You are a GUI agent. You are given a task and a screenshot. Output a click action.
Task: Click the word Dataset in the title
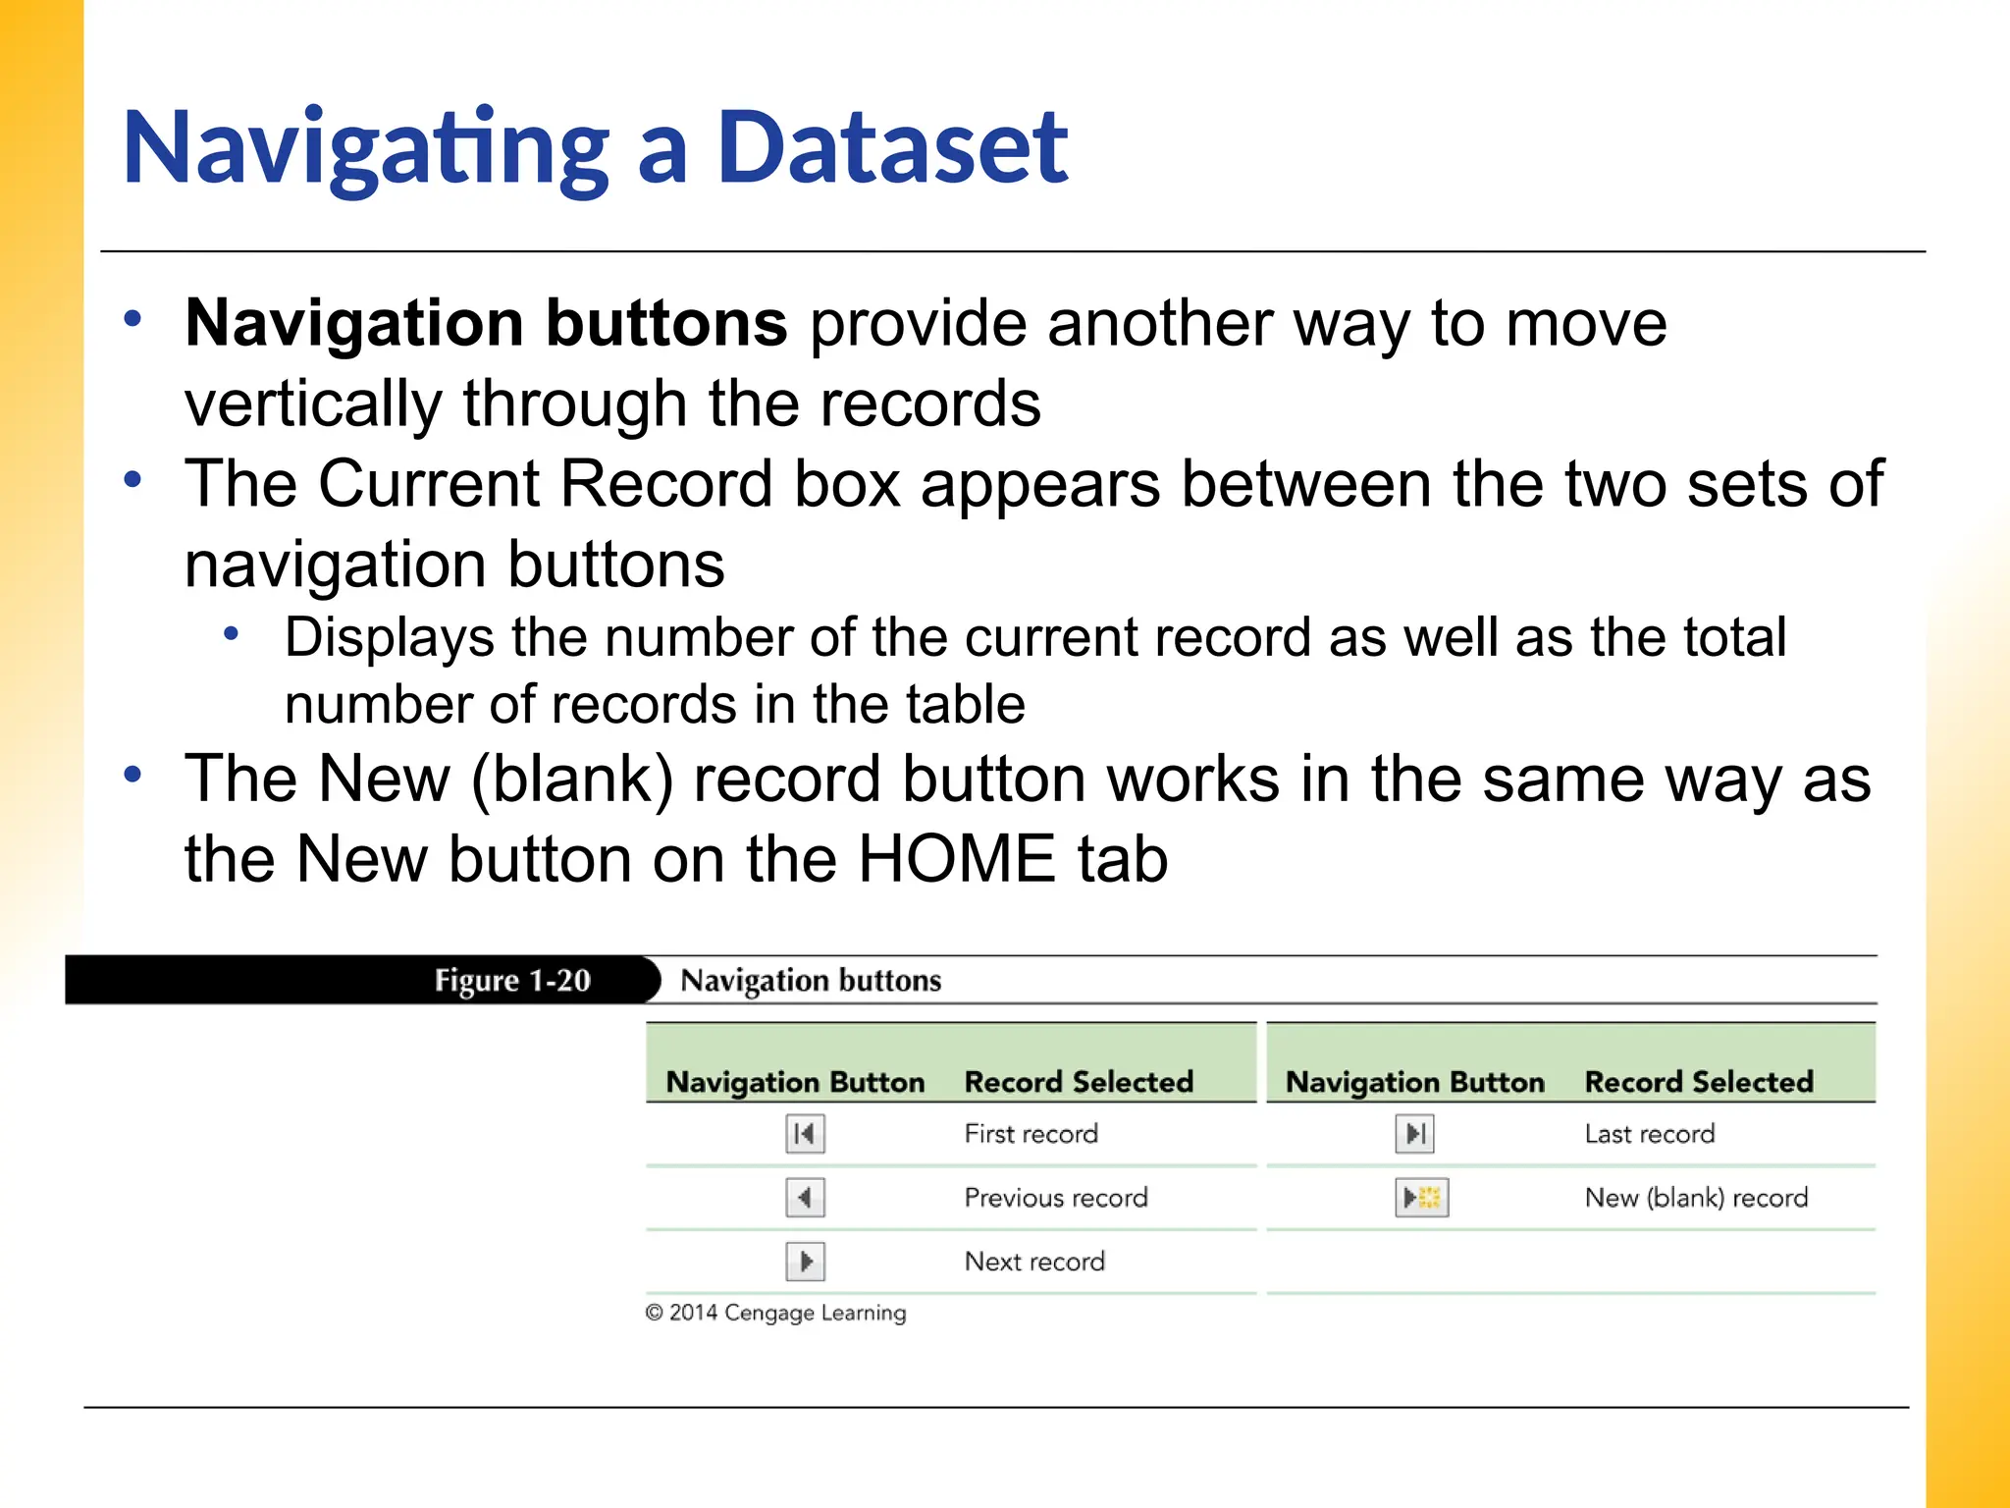coord(891,149)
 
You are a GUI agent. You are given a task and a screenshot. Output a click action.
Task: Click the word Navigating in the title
coord(365,149)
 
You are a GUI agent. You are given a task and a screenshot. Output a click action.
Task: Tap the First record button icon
coord(805,1134)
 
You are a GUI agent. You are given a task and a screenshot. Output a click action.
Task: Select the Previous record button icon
coord(805,1198)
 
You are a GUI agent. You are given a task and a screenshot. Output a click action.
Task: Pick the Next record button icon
coord(805,1262)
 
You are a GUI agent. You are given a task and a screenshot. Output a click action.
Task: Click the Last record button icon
coord(1414,1134)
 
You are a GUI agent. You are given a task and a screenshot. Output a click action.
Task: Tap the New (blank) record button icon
coord(1421,1198)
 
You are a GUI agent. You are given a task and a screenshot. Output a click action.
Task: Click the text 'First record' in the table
coord(1031,1134)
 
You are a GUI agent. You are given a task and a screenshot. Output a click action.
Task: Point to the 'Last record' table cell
coord(1649,1134)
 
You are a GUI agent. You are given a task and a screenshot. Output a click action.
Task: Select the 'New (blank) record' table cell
coord(1695,1198)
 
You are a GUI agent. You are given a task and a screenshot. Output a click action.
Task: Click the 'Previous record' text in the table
coord(1055,1198)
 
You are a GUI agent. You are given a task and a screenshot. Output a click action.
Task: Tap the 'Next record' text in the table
coord(1033,1262)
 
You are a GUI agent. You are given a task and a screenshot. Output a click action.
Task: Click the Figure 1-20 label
coord(512,980)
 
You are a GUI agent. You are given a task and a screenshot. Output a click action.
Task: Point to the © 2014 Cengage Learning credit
coord(775,1313)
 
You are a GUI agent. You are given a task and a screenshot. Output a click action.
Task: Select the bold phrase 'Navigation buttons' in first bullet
coord(486,323)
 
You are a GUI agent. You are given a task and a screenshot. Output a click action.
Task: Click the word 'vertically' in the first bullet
coord(313,404)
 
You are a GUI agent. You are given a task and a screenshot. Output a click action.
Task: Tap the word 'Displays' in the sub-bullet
coord(389,637)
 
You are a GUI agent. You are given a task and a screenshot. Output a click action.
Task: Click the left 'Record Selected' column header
coord(1078,1082)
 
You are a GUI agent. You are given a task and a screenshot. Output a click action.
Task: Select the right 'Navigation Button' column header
coord(1414,1082)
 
